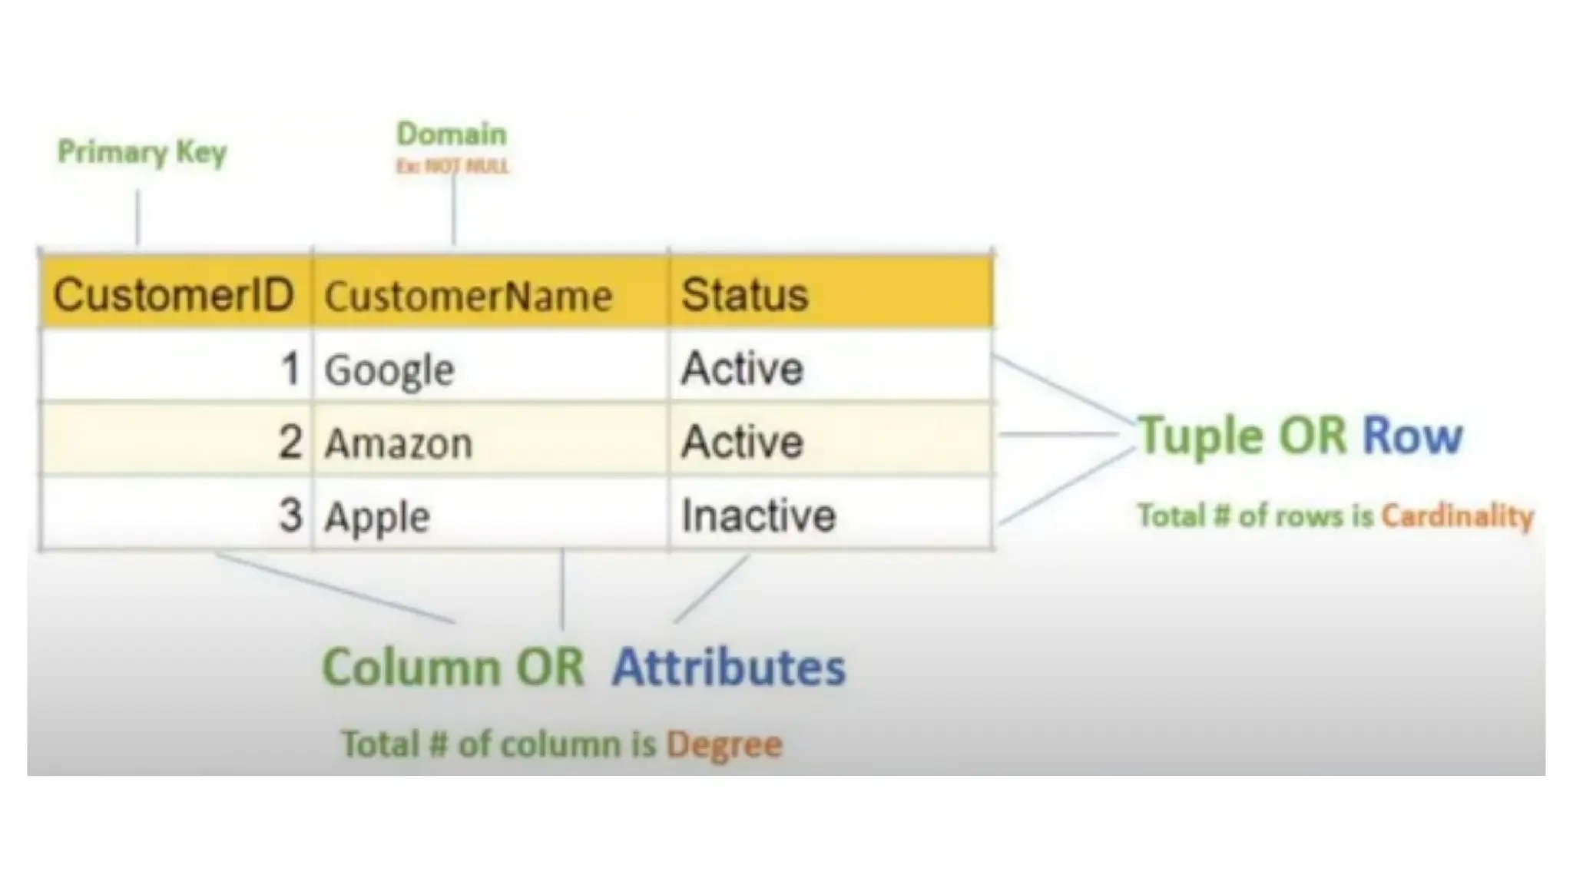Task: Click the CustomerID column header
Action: pyautogui.click(x=174, y=294)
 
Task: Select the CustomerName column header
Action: pyautogui.click(x=468, y=296)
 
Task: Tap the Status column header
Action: pyautogui.click(x=744, y=294)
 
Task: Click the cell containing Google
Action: pyautogui.click(x=389, y=370)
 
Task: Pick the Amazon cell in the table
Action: pyautogui.click(x=398, y=443)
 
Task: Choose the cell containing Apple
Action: pyautogui.click(x=377, y=516)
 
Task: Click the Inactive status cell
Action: pyautogui.click(x=758, y=515)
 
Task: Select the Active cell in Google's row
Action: pyautogui.click(x=742, y=368)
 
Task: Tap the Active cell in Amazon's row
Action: pyautogui.click(x=742, y=442)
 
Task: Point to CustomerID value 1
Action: pyautogui.click(x=290, y=369)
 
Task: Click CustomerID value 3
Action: pyautogui.click(x=290, y=515)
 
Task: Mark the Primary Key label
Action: pyautogui.click(x=142, y=152)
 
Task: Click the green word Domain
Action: pyautogui.click(x=452, y=134)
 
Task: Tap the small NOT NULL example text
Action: pyautogui.click(x=452, y=166)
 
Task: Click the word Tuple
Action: pyautogui.click(x=1200, y=436)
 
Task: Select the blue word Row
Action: pyautogui.click(x=1412, y=436)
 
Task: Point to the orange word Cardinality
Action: pyautogui.click(x=1457, y=515)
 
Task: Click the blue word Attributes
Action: pyautogui.click(x=728, y=666)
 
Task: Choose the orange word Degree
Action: pyautogui.click(x=724, y=744)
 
